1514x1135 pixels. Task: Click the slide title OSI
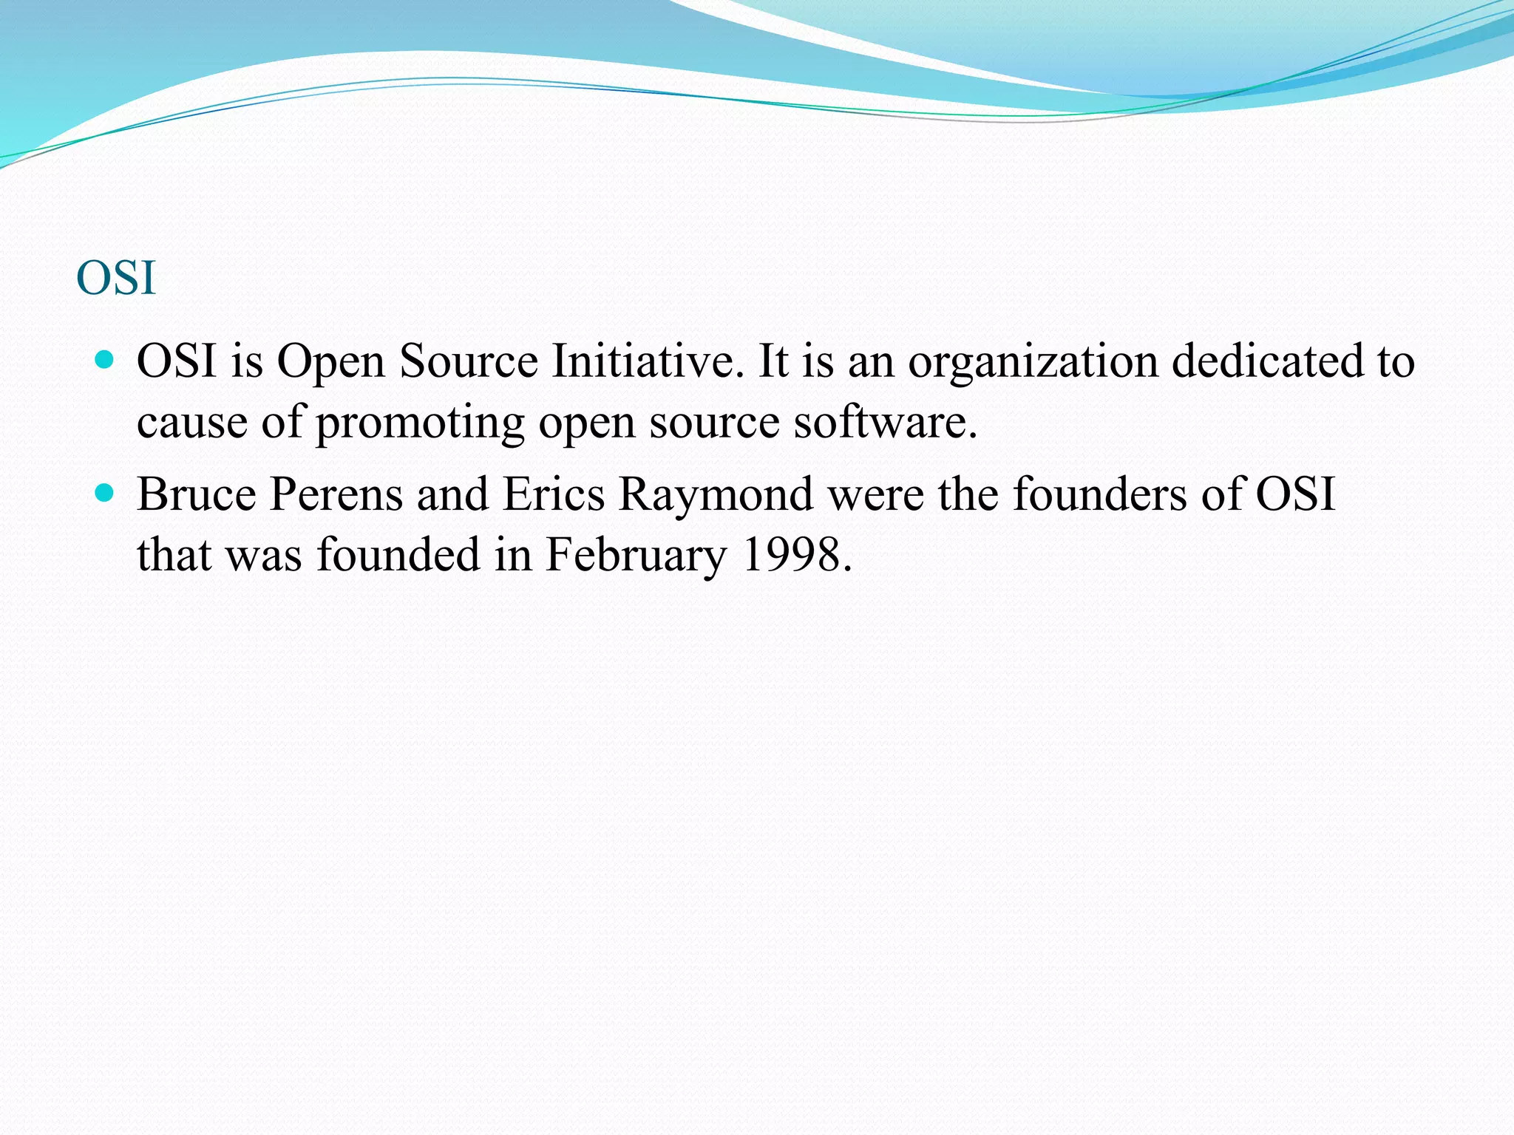[116, 279]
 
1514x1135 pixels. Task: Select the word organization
[1033, 363]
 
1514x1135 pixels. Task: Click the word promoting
[420, 423]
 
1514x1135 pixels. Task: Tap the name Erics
[554, 494]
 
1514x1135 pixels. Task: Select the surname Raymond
[716, 495]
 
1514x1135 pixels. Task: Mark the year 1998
[796, 554]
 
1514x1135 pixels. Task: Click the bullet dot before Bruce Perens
[106, 492]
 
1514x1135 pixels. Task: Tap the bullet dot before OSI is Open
[106, 360]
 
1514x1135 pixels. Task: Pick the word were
[875, 494]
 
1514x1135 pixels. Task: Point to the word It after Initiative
[775, 361]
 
